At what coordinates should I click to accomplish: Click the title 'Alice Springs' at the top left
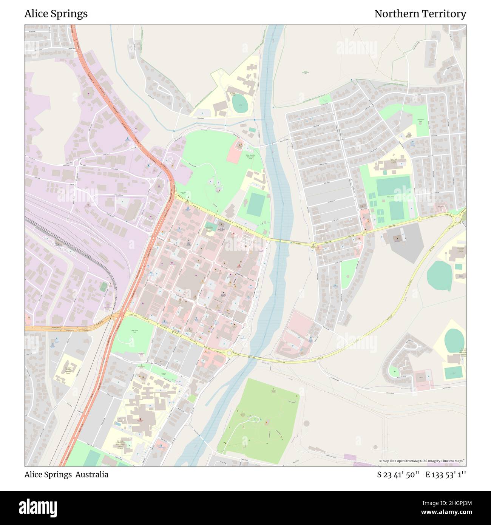[x=56, y=14]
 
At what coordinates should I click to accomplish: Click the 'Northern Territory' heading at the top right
[x=420, y=14]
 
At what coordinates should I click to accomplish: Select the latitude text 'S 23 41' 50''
[x=398, y=474]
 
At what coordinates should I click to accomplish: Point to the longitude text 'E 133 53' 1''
[x=446, y=474]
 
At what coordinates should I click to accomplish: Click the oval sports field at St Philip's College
[x=239, y=103]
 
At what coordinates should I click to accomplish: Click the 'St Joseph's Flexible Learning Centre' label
[x=68, y=369]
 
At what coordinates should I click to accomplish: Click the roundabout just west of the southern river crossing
[x=229, y=353]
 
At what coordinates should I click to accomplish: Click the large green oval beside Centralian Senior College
[x=439, y=276]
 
